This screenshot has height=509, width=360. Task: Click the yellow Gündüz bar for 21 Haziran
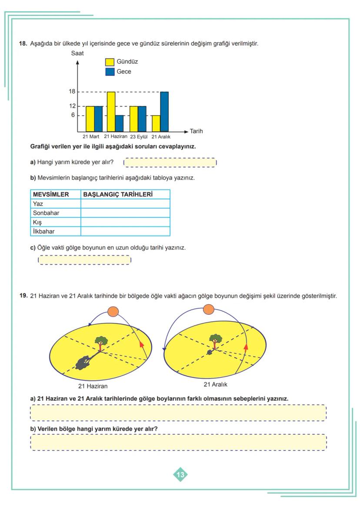pos(111,112)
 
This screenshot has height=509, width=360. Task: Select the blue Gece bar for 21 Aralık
pos(164,112)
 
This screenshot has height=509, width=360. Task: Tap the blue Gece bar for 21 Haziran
pos(120,123)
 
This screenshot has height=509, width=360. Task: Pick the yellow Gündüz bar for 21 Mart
pos(90,119)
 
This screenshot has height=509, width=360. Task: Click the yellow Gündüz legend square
pos(110,62)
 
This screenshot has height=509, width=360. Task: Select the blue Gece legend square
pos(110,72)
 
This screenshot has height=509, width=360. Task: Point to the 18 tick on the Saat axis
pos(72,92)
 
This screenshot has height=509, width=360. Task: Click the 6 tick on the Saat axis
pos(73,115)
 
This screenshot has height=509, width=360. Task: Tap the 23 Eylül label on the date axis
pos(139,137)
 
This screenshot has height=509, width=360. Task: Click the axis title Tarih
pos(196,131)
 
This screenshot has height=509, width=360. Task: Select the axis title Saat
pos(77,53)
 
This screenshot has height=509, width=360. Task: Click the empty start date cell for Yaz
pos(125,203)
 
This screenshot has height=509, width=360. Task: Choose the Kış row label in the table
pos(37,222)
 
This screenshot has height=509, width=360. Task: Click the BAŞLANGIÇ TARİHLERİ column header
pos(117,194)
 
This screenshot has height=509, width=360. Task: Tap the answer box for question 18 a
pos(170,163)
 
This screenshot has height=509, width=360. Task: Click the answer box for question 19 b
pos(178,442)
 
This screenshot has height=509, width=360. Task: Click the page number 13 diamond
pos(180,475)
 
